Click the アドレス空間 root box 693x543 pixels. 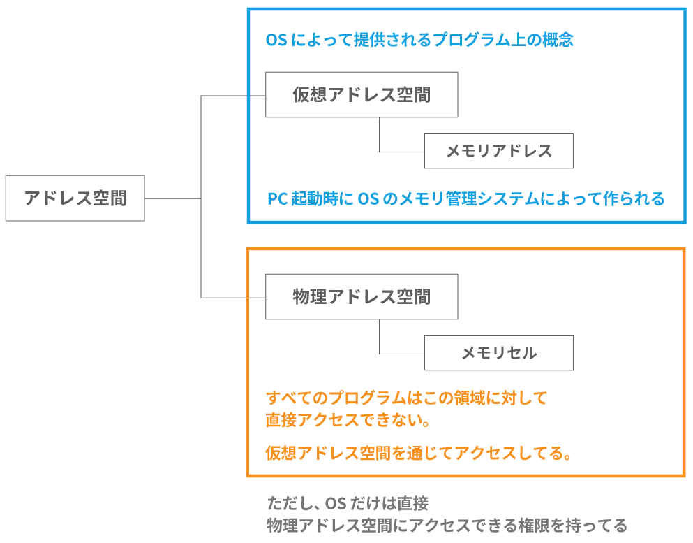[75, 198]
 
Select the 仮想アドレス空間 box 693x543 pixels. [362, 95]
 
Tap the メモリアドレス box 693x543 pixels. [498, 151]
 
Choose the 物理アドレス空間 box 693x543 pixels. [362, 297]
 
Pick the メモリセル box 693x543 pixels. [498, 353]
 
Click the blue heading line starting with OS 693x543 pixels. [419, 40]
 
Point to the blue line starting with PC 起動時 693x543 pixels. [465, 199]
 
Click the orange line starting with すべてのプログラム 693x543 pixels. [406, 398]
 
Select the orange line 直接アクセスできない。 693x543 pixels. [347, 421]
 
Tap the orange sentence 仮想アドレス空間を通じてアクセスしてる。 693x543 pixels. [419, 454]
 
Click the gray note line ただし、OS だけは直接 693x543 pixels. [348, 503]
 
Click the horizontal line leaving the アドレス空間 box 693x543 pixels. [172, 198]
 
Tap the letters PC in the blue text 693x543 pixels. [278, 199]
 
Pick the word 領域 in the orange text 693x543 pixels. [461, 398]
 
